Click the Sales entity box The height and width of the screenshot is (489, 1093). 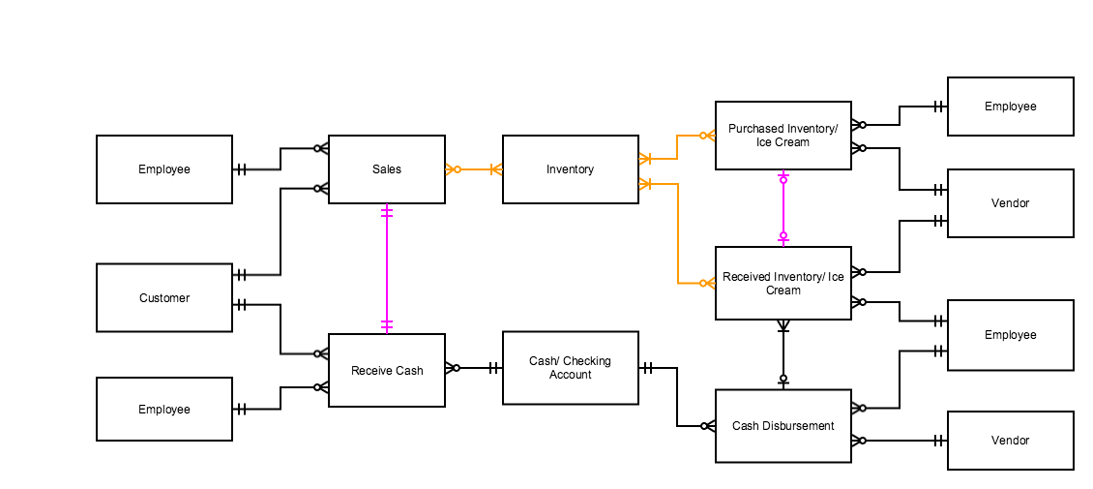point(386,169)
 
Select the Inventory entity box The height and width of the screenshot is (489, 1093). point(570,169)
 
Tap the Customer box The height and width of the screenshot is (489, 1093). point(164,298)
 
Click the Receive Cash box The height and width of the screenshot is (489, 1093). point(386,371)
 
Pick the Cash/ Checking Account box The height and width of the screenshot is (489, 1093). point(570,368)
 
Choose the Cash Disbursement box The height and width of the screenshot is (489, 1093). point(783,426)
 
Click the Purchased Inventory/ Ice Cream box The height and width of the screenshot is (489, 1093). point(783,136)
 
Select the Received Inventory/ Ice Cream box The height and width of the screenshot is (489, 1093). point(783,283)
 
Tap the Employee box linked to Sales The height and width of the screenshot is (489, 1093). point(164,169)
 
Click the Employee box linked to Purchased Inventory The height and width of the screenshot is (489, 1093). point(1010,107)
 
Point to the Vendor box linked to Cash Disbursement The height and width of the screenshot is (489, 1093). point(1010,441)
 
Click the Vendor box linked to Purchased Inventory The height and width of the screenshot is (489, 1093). point(1010,203)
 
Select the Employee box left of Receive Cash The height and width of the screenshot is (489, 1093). point(164,410)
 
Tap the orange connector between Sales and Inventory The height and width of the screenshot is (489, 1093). point(474,169)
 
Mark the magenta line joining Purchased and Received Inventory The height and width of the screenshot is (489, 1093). point(783,207)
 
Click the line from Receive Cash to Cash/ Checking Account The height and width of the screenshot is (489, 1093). point(474,368)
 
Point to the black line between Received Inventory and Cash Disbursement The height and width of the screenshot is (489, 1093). point(783,353)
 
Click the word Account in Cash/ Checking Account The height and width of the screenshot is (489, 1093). point(570,375)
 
